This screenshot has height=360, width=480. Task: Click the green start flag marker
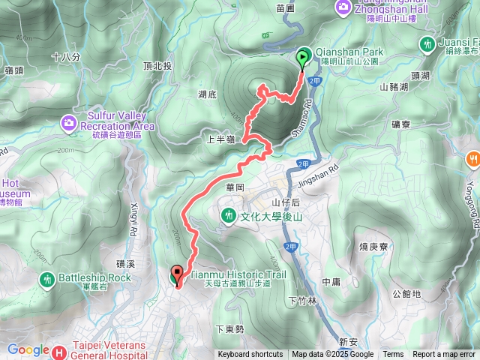tap(302, 56)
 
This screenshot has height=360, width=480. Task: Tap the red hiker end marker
tap(178, 275)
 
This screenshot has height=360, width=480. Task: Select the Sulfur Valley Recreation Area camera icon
tap(69, 121)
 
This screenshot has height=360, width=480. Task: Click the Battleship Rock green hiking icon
tap(46, 278)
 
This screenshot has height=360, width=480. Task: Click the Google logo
tap(28, 349)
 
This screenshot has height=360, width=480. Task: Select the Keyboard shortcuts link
tap(250, 355)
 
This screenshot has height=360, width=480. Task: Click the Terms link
tap(392, 355)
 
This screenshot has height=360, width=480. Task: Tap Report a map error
tap(443, 355)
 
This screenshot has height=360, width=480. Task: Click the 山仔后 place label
tap(285, 202)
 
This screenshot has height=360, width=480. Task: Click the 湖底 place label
tap(207, 94)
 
